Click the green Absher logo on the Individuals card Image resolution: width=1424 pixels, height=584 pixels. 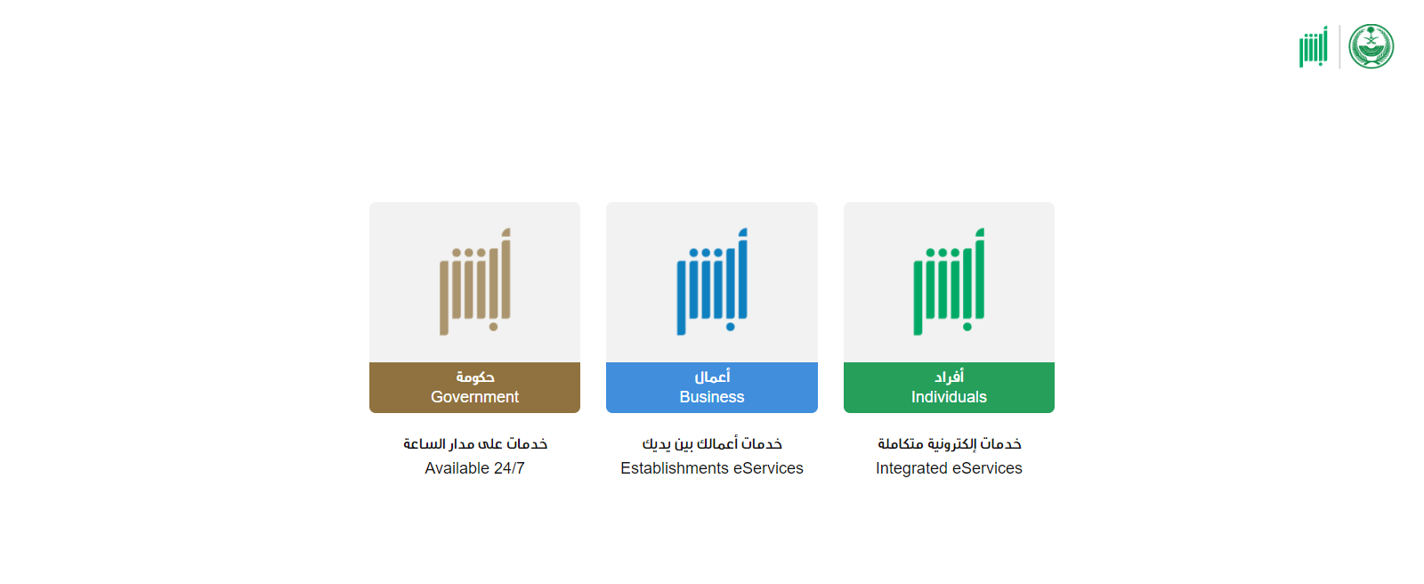[x=949, y=281]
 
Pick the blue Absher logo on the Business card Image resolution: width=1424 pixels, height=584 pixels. [x=711, y=281]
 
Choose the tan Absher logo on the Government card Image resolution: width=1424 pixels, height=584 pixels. [x=474, y=281]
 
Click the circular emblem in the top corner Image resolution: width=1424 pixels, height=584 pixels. [x=1371, y=46]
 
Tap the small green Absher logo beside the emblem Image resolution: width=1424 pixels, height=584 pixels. [x=1314, y=46]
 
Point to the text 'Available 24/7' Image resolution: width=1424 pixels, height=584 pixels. [x=474, y=468]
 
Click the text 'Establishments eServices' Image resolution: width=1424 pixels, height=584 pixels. [x=711, y=468]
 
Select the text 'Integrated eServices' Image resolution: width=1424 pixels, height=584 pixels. [x=949, y=468]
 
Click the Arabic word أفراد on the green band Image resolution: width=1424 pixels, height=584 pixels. [x=949, y=377]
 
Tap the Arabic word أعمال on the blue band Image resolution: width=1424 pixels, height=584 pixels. [x=712, y=377]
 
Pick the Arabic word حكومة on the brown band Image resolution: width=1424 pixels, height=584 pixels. [x=475, y=377]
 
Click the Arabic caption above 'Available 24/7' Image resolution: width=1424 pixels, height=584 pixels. [x=475, y=443]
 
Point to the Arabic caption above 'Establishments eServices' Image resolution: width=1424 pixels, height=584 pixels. [x=712, y=443]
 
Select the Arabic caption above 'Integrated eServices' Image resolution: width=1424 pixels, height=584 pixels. [x=949, y=443]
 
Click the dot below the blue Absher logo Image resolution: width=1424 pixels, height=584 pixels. [x=731, y=327]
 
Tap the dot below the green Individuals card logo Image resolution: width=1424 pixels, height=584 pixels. [x=967, y=327]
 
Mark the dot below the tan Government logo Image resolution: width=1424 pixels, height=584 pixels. [x=493, y=327]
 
